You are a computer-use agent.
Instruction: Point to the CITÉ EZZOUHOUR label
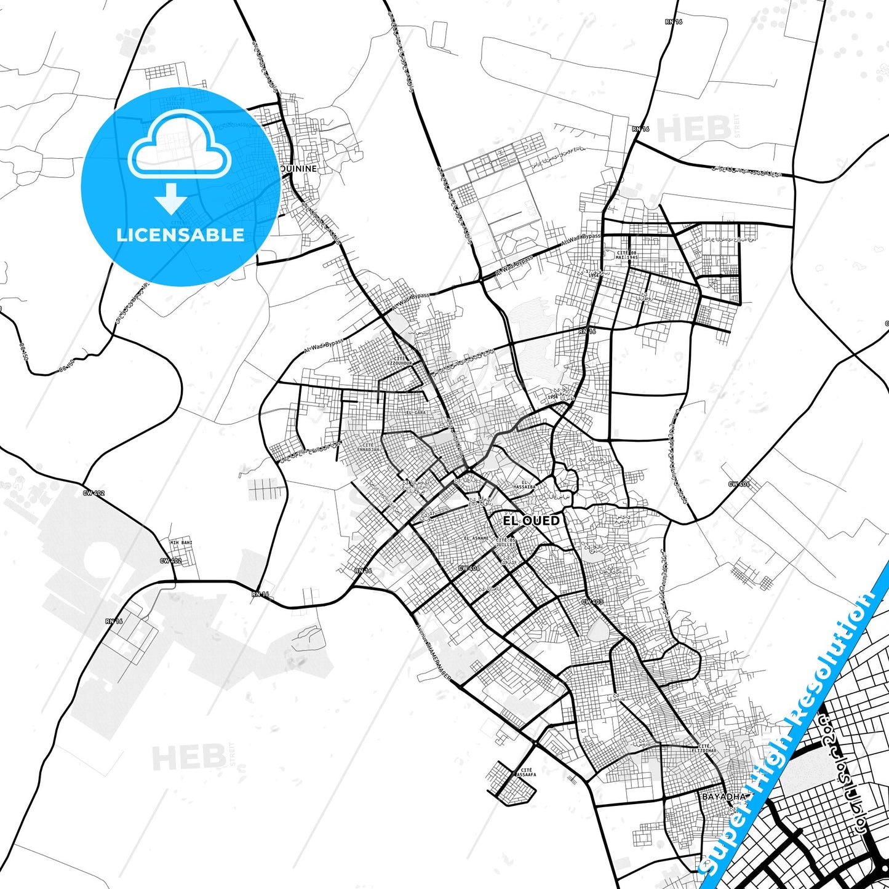[x=399, y=361]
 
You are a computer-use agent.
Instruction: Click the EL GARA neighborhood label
[x=416, y=412]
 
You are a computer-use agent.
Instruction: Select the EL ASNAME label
[x=476, y=538]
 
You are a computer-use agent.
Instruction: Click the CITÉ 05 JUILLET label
[x=506, y=542]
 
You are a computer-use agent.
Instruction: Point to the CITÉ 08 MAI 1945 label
[x=627, y=255]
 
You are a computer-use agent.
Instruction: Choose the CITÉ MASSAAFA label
[x=525, y=772]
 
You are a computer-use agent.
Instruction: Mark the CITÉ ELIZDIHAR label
[x=704, y=748]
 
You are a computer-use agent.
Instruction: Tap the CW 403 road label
[x=592, y=601]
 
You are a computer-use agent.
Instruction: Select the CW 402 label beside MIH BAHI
[x=170, y=560]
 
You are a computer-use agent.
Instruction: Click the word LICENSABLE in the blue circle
[x=180, y=234]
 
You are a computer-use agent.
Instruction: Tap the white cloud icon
[x=179, y=148]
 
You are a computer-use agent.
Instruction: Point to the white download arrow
[x=171, y=198]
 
